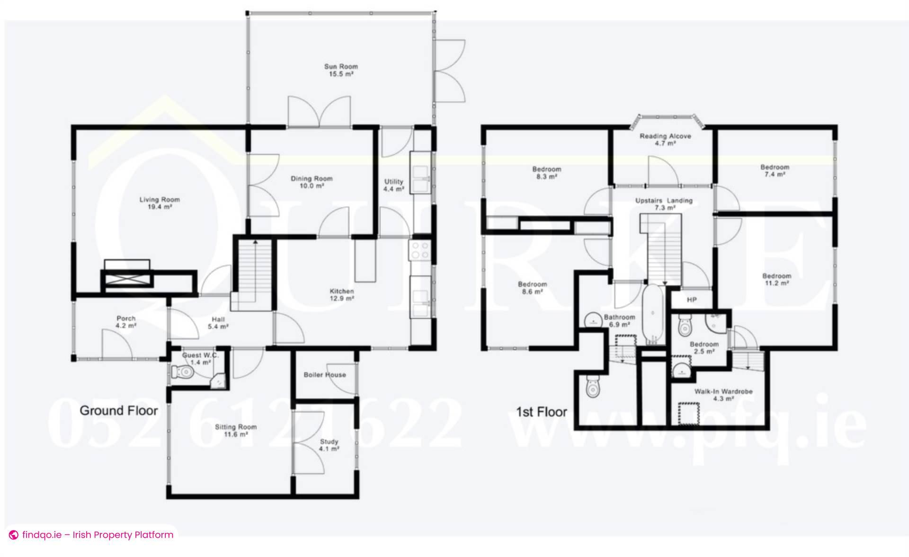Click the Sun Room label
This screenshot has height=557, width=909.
(341, 70)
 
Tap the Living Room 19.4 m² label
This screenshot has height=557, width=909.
(159, 203)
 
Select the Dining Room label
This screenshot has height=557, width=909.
(312, 182)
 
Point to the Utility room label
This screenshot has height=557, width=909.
(393, 185)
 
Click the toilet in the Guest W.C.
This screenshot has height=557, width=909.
(182, 372)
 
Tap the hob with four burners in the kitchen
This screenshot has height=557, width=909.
(420, 250)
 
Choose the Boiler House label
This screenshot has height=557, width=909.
(325, 375)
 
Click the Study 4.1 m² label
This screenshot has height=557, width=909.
(329, 445)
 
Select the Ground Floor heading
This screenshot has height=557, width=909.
(118, 410)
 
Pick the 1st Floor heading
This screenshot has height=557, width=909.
(541, 412)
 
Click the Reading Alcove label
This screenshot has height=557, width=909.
(665, 139)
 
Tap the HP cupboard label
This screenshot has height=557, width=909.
(692, 300)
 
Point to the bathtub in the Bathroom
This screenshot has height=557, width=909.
(653, 313)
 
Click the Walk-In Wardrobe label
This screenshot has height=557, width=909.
(723, 395)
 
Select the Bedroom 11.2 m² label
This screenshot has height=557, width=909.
(776, 279)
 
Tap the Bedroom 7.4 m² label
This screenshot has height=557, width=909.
(775, 170)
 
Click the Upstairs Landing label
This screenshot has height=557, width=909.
(664, 204)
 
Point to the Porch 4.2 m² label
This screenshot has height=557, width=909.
(126, 322)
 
